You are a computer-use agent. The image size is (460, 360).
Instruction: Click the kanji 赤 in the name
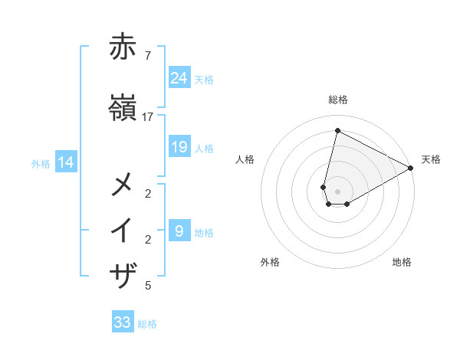click(x=123, y=47)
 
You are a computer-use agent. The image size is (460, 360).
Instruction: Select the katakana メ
click(x=123, y=185)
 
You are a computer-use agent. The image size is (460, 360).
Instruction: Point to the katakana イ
click(x=123, y=231)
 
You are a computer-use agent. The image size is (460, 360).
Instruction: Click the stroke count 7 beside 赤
click(x=147, y=55)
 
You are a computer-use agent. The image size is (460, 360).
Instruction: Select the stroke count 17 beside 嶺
click(x=148, y=116)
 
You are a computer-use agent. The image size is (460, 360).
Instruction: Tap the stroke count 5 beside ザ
click(x=148, y=286)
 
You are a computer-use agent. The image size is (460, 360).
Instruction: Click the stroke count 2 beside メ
click(x=148, y=193)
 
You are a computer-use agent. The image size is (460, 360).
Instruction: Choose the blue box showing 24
click(x=179, y=77)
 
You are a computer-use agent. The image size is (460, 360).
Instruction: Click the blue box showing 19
click(x=179, y=147)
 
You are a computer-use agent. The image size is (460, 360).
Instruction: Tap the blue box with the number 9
click(x=179, y=231)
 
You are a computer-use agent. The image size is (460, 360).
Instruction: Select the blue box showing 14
click(x=66, y=162)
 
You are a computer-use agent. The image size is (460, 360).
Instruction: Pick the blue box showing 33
click(x=123, y=322)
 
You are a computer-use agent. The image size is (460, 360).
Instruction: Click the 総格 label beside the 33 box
click(x=147, y=324)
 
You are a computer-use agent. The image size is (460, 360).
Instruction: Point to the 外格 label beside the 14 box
click(x=41, y=163)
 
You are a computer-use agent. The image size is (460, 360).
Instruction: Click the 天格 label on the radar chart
click(x=431, y=159)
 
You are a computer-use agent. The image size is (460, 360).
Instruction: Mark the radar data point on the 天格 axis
click(x=411, y=169)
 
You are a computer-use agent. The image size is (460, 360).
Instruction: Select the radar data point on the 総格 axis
click(x=337, y=131)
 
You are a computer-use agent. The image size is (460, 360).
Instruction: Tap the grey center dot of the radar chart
click(x=337, y=191)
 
